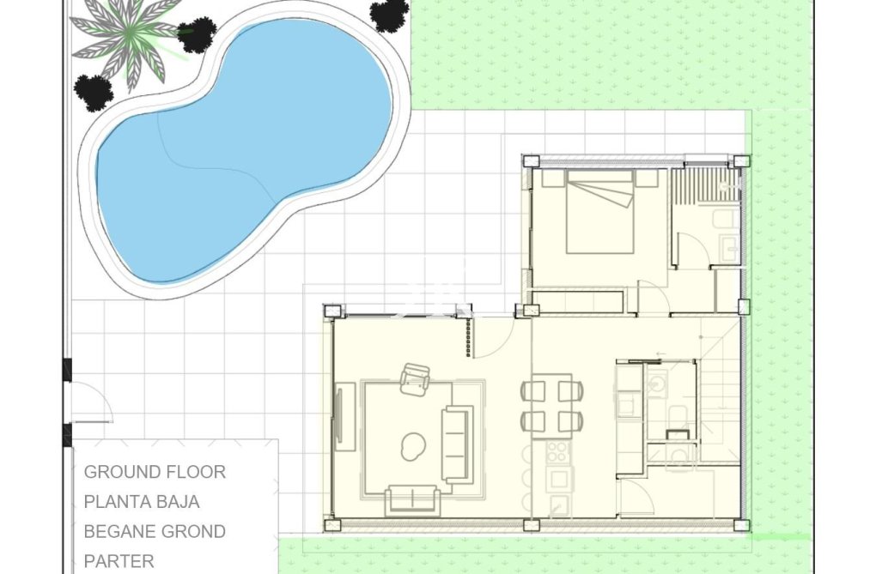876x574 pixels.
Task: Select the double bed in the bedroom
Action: pos(599,212)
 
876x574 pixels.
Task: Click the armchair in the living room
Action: pos(415,378)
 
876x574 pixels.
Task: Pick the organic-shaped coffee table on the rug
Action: pos(414,444)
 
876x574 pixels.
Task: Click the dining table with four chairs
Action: pos(551,404)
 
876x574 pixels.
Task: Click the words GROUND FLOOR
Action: pos(155,472)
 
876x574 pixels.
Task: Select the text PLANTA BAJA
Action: pos(142,502)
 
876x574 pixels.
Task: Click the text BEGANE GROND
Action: pos(155,532)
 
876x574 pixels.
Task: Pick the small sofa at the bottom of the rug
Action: pos(413,499)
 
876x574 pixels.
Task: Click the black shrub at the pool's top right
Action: pos(389,15)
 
